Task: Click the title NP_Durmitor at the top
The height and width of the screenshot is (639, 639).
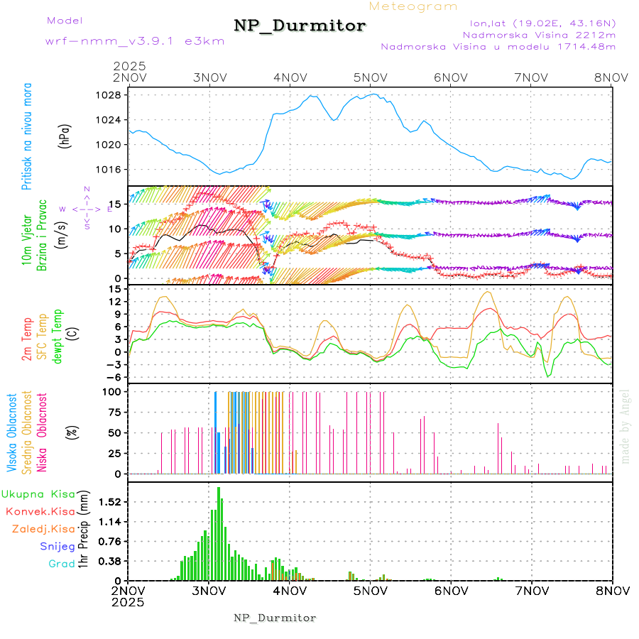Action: click(x=300, y=26)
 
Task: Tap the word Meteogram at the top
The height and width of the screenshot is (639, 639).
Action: click(x=414, y=6)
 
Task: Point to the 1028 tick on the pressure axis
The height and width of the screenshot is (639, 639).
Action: click(x=110, y=95)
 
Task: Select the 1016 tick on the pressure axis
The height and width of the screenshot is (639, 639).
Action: click(x=110, y=169)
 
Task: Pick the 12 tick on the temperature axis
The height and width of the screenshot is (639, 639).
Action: click(x=114, y=301)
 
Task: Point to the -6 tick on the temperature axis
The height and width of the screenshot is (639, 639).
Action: click(x=112, y=377)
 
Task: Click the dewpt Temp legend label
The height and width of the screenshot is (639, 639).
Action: click(x=58, y=334)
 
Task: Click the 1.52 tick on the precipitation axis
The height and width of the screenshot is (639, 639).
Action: click(x=109, y=501)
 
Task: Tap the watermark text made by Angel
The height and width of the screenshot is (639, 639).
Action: click(x=625, y=426)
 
